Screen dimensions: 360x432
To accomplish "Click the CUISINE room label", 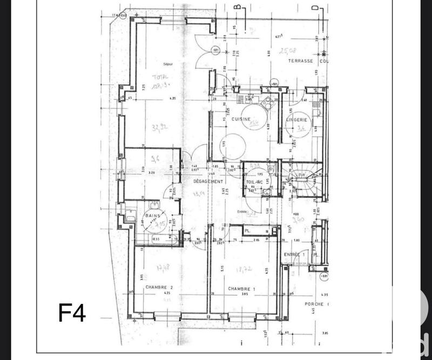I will click(x=239, y=119).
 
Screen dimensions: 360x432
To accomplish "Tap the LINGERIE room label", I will click(x=296, y=119).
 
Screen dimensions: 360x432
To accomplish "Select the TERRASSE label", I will click(x=301, y=61).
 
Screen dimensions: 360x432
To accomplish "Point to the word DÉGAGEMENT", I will click(x=208, y=182).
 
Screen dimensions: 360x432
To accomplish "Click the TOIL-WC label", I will click(x=254, y=182).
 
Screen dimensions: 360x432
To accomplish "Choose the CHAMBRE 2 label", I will click(x=158, y=288).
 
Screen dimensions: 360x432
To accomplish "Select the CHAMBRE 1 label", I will click(x=241, y=289).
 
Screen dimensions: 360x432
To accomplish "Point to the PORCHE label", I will click(x=314, y=304).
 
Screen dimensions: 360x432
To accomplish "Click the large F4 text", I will click(x=72, y=313).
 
